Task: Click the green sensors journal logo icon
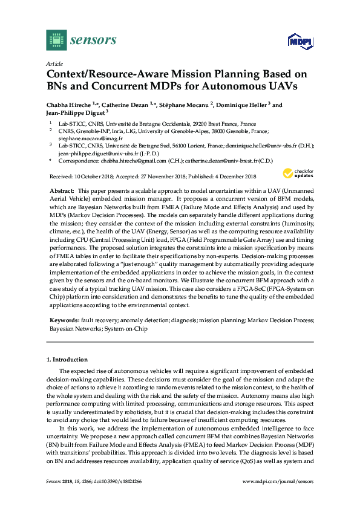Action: click(x=56, y=40)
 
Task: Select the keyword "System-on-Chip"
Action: click(x=125, y=329)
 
